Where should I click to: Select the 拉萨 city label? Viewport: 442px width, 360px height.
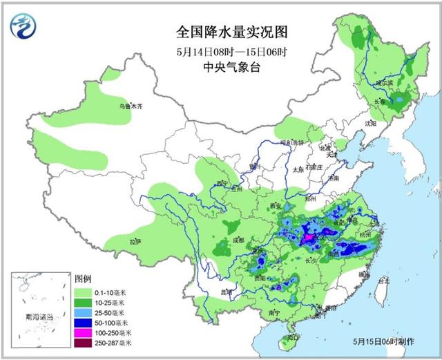click(x=135, y=241)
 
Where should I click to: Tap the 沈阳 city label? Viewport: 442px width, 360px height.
click(x=372, y=124)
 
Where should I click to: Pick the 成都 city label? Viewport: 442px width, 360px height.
click(x=238, y=240)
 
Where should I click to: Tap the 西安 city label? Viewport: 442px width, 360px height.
click(x=277, y=206)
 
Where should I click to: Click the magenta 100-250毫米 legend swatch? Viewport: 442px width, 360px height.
click(x=82, y=332)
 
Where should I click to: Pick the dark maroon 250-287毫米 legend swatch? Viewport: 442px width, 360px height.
click(x=82, y=342)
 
